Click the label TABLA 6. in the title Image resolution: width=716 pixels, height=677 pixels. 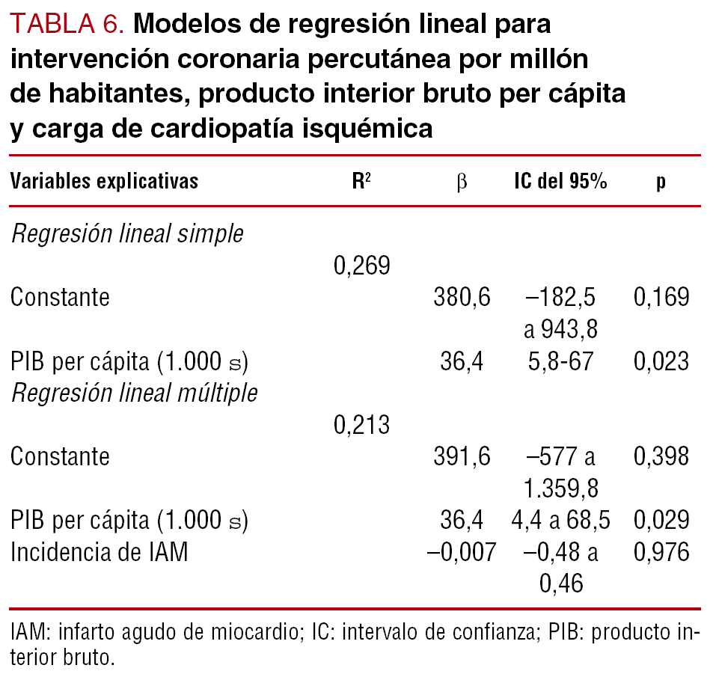(67, 25)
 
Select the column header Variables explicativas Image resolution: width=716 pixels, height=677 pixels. (104, 182)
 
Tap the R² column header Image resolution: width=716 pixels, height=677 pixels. (361, 182)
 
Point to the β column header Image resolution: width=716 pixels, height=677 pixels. (462, 183)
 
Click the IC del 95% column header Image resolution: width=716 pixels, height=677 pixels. (560, 182)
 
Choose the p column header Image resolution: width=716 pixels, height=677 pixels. (661, 183)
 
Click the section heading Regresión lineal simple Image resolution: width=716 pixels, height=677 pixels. (127, 233)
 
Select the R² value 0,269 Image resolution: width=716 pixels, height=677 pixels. (361, 266)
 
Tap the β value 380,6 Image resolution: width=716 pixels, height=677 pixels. (462, 298)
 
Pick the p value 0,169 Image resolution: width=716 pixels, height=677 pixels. (661, 298)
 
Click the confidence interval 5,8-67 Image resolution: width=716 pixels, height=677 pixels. (560, 362)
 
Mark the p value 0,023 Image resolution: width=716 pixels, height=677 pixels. (661, 362)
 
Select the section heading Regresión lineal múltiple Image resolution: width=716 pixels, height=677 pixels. (134, 393)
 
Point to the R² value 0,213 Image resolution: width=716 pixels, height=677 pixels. (361, 426)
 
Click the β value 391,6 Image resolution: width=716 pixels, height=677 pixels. (462, 457)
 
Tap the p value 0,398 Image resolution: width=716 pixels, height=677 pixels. (661, 457)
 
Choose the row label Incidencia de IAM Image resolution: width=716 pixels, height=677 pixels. (99, 553)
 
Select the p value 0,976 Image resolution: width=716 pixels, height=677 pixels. (661, 553)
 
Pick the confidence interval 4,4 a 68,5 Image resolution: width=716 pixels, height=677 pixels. (560, 521)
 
